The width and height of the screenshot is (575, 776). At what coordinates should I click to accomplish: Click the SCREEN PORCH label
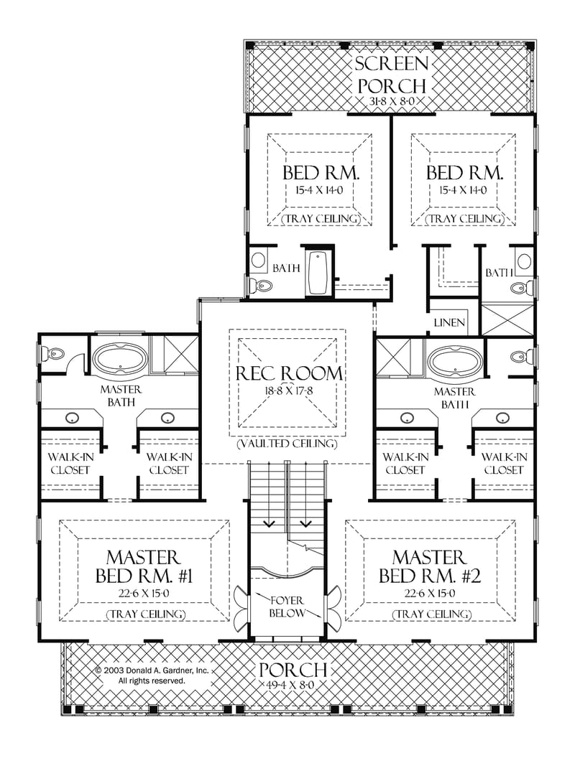(391, 74)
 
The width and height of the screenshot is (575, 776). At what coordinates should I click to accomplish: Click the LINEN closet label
(449, 323)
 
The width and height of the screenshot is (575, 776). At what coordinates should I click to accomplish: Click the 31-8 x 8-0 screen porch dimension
(391, 102)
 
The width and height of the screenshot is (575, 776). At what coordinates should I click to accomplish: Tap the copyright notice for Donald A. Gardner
(152, 675)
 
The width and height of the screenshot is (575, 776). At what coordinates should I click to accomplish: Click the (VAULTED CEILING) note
(287, 444)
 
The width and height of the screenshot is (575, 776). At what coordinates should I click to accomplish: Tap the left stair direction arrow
(269, 523)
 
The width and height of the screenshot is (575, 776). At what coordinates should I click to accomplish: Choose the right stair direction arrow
(307, 523)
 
